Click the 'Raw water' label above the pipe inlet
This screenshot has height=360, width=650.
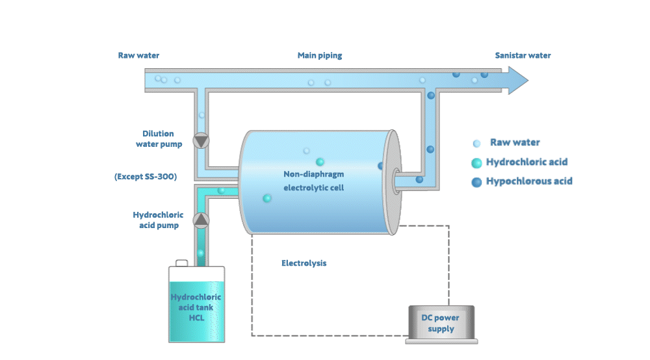tap(138, 56)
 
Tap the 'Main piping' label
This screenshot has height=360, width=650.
tap(320, 56)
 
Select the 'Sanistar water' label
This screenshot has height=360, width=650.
tap(523, 56)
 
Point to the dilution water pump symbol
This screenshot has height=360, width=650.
tap(201, 140)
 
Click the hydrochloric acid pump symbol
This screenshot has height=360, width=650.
tap(201, 220)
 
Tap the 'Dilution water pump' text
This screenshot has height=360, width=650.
tap(159, 139)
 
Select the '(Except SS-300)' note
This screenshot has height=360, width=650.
tap(146, 177)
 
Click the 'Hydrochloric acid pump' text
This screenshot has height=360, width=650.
tap(158, 220)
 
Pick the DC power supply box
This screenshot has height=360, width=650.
tap(439, 324)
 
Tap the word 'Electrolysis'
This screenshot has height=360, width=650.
tap(304, 264)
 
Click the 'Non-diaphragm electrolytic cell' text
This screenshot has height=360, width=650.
tap(313, 181)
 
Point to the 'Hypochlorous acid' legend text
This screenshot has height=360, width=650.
tap(529, 181)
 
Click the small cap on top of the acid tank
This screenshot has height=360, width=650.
tap(182, 263)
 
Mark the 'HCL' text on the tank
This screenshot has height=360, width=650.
tap(197, 318)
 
